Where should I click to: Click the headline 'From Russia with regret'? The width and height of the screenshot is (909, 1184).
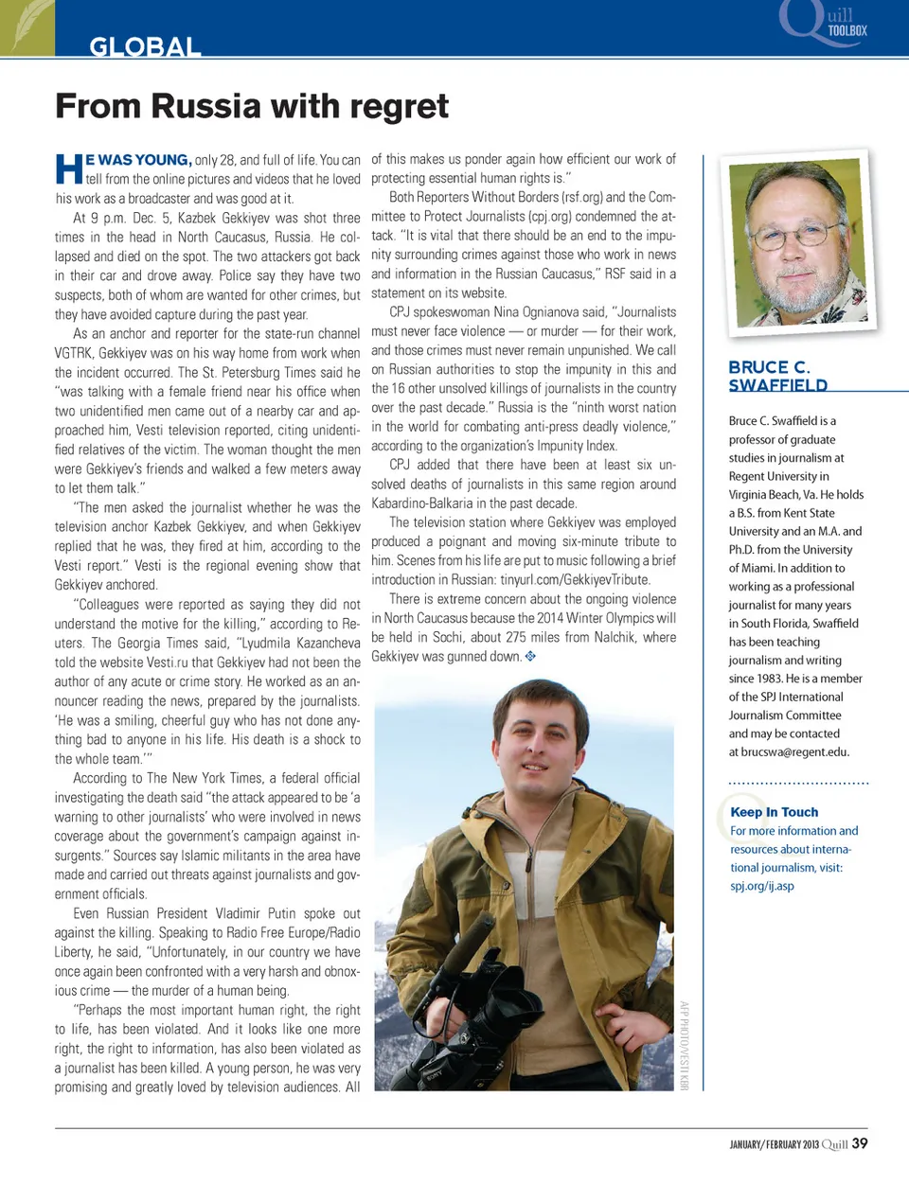pyautogui.click(x=252, y=106)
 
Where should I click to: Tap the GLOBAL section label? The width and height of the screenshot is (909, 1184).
pyautogui.click(x=145, y=46)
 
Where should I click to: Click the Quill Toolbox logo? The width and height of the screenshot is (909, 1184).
pyautogui.click(x=824, y=23)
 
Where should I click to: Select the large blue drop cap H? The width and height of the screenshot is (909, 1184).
pyautogui.click(x=69, y=169)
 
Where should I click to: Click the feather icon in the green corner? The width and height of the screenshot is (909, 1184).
pyautogui.click(x=27, y=26)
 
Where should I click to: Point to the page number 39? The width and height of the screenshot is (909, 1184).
pyautogui.click(x=860, y=1143)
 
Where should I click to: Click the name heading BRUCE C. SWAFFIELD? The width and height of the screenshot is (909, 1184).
pyautogui.click(x=778, y=376)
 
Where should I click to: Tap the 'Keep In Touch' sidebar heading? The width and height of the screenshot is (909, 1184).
pyautogui.click(x=774, y=812)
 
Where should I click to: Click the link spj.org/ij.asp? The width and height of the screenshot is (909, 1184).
pyautogui.click(x=762, y=886)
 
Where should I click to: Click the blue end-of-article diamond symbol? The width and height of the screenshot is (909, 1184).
pyautogui.click(x=530, y=656)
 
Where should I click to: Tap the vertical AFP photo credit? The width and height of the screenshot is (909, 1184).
pyautogui.click(x=685, y=1045)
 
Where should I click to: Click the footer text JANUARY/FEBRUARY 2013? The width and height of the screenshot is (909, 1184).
pyautogui.click(x=774, y=1144)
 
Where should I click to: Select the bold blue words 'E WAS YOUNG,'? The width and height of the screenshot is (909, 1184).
pyautogui.click(x=138, y=160)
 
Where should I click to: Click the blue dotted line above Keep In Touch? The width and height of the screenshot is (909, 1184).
pyautogui.click(x=798, y=784)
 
